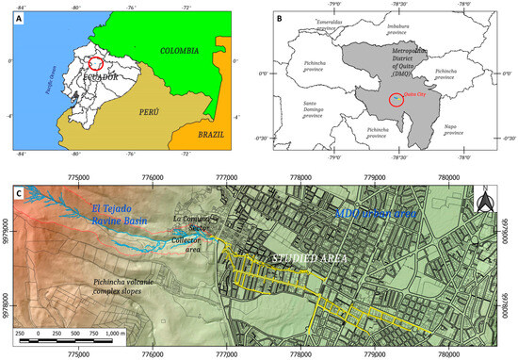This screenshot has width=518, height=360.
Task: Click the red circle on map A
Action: (x=93, y=64)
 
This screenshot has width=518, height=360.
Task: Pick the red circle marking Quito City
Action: (x=400, y=99)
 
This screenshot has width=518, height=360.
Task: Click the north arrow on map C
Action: (x=486, y=201)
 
